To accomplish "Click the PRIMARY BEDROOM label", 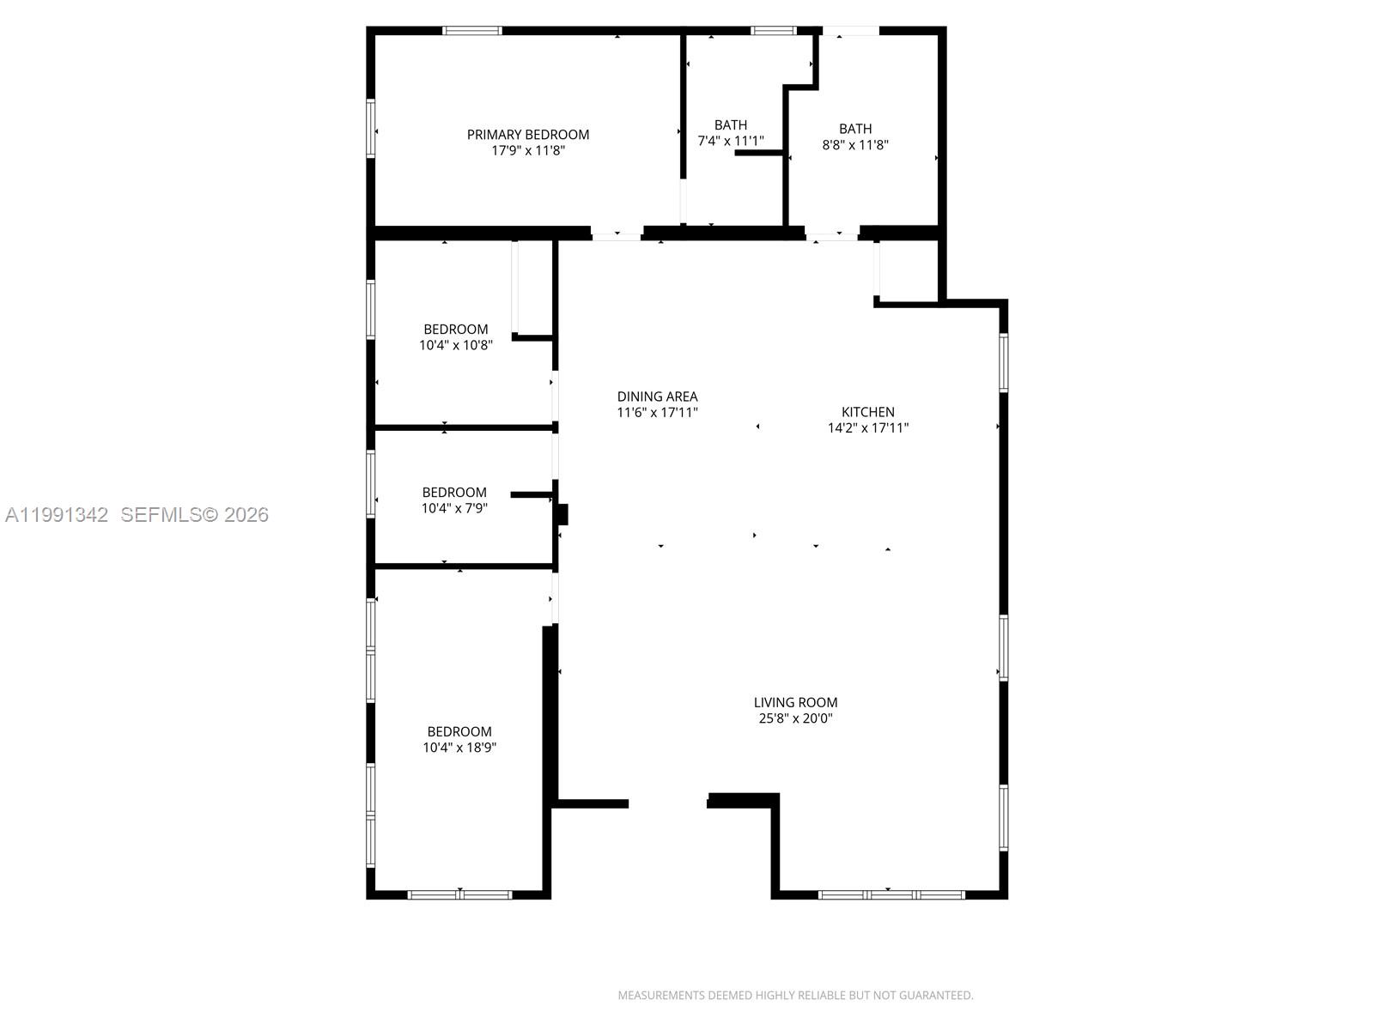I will pyautogui.click(x=527, y=135).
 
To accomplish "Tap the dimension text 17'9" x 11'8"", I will pyautogui.click(x=527, y=151).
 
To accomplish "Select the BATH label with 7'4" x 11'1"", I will pyautogui.click(x=730, y=125).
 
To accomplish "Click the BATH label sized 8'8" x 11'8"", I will pyautogui.click(x=854, y=129).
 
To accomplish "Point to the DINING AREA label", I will pyautogui.click(x=657, y=397).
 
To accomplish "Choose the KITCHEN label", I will pyautogui.click(x=867, y=412).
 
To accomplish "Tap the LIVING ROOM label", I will pyautogui.click(x=795, y=702).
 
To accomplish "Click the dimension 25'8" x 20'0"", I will pyautogui.click(x=795, y=718).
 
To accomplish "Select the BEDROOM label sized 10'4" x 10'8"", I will pyautogui.click(x=455, y=330).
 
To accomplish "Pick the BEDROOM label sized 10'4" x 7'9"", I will pyautogui.click(x=454, y=493).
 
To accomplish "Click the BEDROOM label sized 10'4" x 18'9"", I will pyautogui.click(x=459, y=731).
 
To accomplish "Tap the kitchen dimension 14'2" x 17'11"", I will pyautogui.click(x=867, y=427).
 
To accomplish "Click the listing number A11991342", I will pyautogui.click(x=57, y=515).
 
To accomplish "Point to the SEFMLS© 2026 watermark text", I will pyautogui.click(x=194, y=515).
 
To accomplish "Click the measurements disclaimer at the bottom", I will pyautogui.click(x=795, y=996).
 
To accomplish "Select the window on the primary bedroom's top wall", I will pyautogui.click(x=472, y=31).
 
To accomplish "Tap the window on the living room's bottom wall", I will pyautogui.click(x=891, y=894).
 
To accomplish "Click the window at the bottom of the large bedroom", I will pyautogui.click(x=459, y=894).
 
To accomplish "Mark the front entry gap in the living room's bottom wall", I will pyautogui.click(x=667, y=803).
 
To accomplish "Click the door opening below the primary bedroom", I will pyautogui.click(x=617, y=233).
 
